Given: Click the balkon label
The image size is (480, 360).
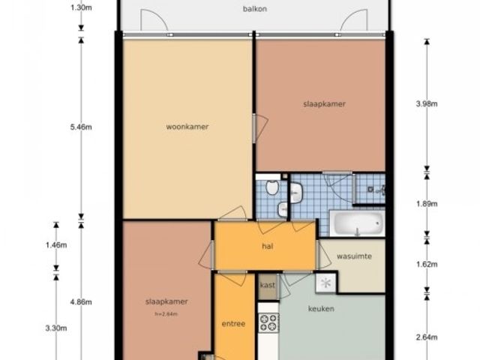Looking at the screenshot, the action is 255,9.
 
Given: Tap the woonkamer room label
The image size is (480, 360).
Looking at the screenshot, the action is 187,127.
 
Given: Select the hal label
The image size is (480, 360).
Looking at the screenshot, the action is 268,246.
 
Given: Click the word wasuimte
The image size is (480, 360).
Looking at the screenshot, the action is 354,256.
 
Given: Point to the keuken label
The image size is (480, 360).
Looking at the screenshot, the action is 321,308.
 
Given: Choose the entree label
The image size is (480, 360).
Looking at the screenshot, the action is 233,323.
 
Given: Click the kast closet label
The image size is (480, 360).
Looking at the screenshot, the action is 268,285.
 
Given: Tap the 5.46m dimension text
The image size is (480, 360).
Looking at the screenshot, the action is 81,127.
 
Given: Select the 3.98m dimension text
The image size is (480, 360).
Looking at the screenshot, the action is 427,103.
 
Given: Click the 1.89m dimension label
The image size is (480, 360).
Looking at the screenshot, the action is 427,203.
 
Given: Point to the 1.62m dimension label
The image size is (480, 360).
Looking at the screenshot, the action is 427,264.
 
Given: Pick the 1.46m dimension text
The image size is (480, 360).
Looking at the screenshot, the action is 56,245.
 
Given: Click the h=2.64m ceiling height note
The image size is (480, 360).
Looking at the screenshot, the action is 166,314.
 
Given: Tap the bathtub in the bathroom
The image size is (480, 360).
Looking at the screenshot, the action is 357,223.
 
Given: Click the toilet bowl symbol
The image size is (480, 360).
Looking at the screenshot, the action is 272,187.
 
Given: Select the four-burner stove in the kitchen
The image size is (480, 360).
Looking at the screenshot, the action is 268,322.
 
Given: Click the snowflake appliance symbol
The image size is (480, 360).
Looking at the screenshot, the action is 326,283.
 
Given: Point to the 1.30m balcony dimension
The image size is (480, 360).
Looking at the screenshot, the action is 81,7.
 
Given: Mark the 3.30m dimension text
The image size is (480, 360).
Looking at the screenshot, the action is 56,328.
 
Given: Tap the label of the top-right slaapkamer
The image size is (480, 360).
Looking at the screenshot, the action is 325,104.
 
